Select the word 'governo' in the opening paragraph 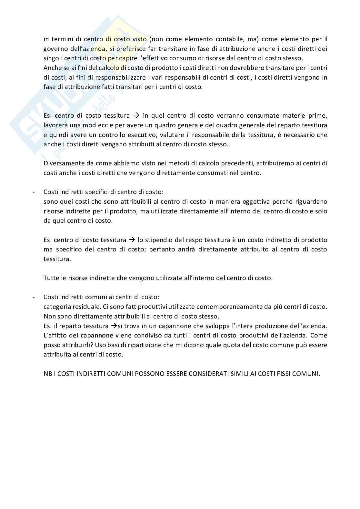(x=54, y=49)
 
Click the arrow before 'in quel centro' (x=136, y=115)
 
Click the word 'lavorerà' (x=55, y=125)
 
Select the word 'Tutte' (x=51, y=278)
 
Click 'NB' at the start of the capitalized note (x=47, y=374)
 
